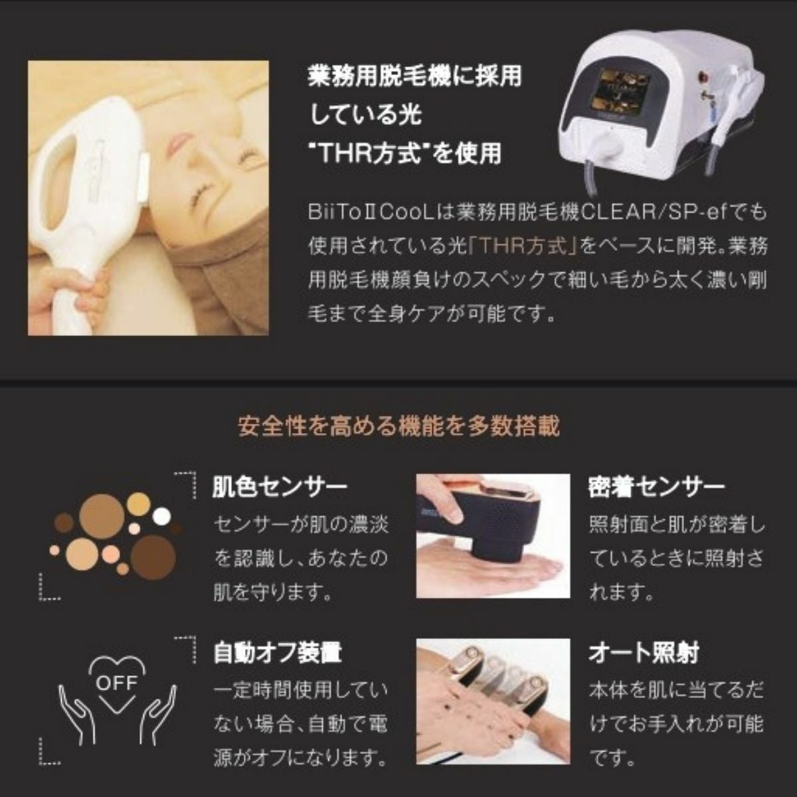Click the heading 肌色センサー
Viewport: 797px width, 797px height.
(x=279, y=488)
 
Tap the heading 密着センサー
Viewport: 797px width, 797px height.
(x=656, y=488)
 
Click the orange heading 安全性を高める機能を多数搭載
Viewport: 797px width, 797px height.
(x=398, y=425)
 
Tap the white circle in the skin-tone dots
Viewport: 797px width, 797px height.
(x=161, y=516)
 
